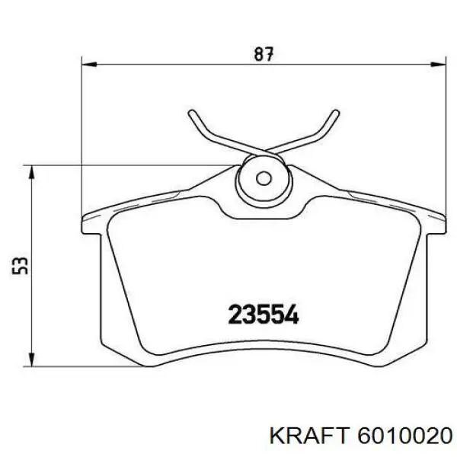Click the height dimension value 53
click(x=22, y=264)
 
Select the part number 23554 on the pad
click(x=264, y=314)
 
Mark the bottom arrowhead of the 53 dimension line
click(x=30, y=357)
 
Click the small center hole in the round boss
click(x=263, y=181)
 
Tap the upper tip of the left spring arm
click(x=191, y=113)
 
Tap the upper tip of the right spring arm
click(x=334, y=113)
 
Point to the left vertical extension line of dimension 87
click(x=82, y=137)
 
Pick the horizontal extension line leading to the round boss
click(x=129, y=165)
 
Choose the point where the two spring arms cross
click(x=263, y=150)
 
